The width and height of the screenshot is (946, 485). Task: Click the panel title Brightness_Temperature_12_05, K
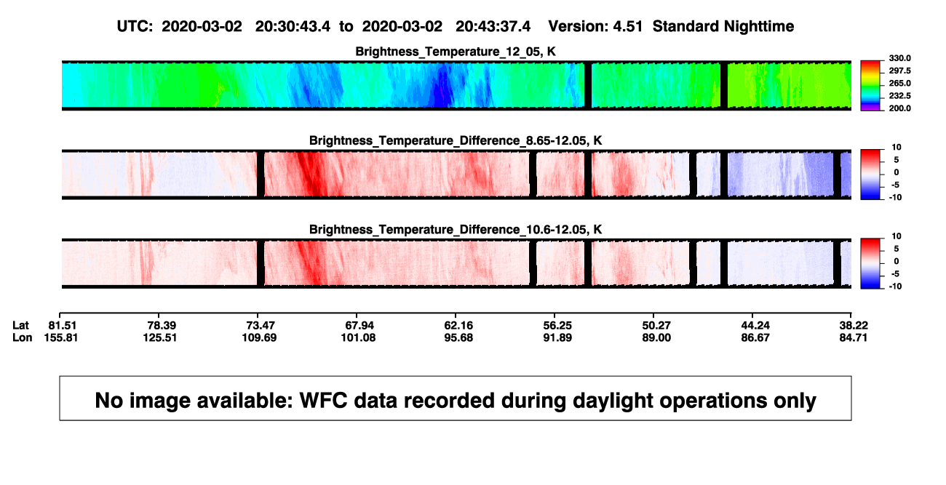point(456,52)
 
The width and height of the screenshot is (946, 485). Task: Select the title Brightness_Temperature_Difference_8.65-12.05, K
point(456,140)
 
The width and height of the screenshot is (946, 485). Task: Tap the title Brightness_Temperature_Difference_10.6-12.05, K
point(456,230)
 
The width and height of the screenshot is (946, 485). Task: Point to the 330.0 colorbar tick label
point(899,58)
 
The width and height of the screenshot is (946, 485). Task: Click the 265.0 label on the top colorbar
point(899,83)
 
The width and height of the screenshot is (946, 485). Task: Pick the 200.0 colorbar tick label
point(899,108)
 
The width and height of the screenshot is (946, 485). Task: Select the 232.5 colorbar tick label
point(899,96)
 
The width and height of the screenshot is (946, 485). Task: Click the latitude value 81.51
point(63,326)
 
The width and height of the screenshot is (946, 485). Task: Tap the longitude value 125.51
point(159,337)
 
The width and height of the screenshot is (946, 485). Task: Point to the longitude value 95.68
point(458,337)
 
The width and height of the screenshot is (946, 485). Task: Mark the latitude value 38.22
point(854,326)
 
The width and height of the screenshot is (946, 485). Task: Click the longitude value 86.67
point(755,337)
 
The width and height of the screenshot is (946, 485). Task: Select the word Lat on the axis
point(20,326)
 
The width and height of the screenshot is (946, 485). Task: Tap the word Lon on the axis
point(23,337)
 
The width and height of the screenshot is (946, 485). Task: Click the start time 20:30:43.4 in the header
point(293,26)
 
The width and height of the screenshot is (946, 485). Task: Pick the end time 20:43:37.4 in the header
point(493,26)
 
